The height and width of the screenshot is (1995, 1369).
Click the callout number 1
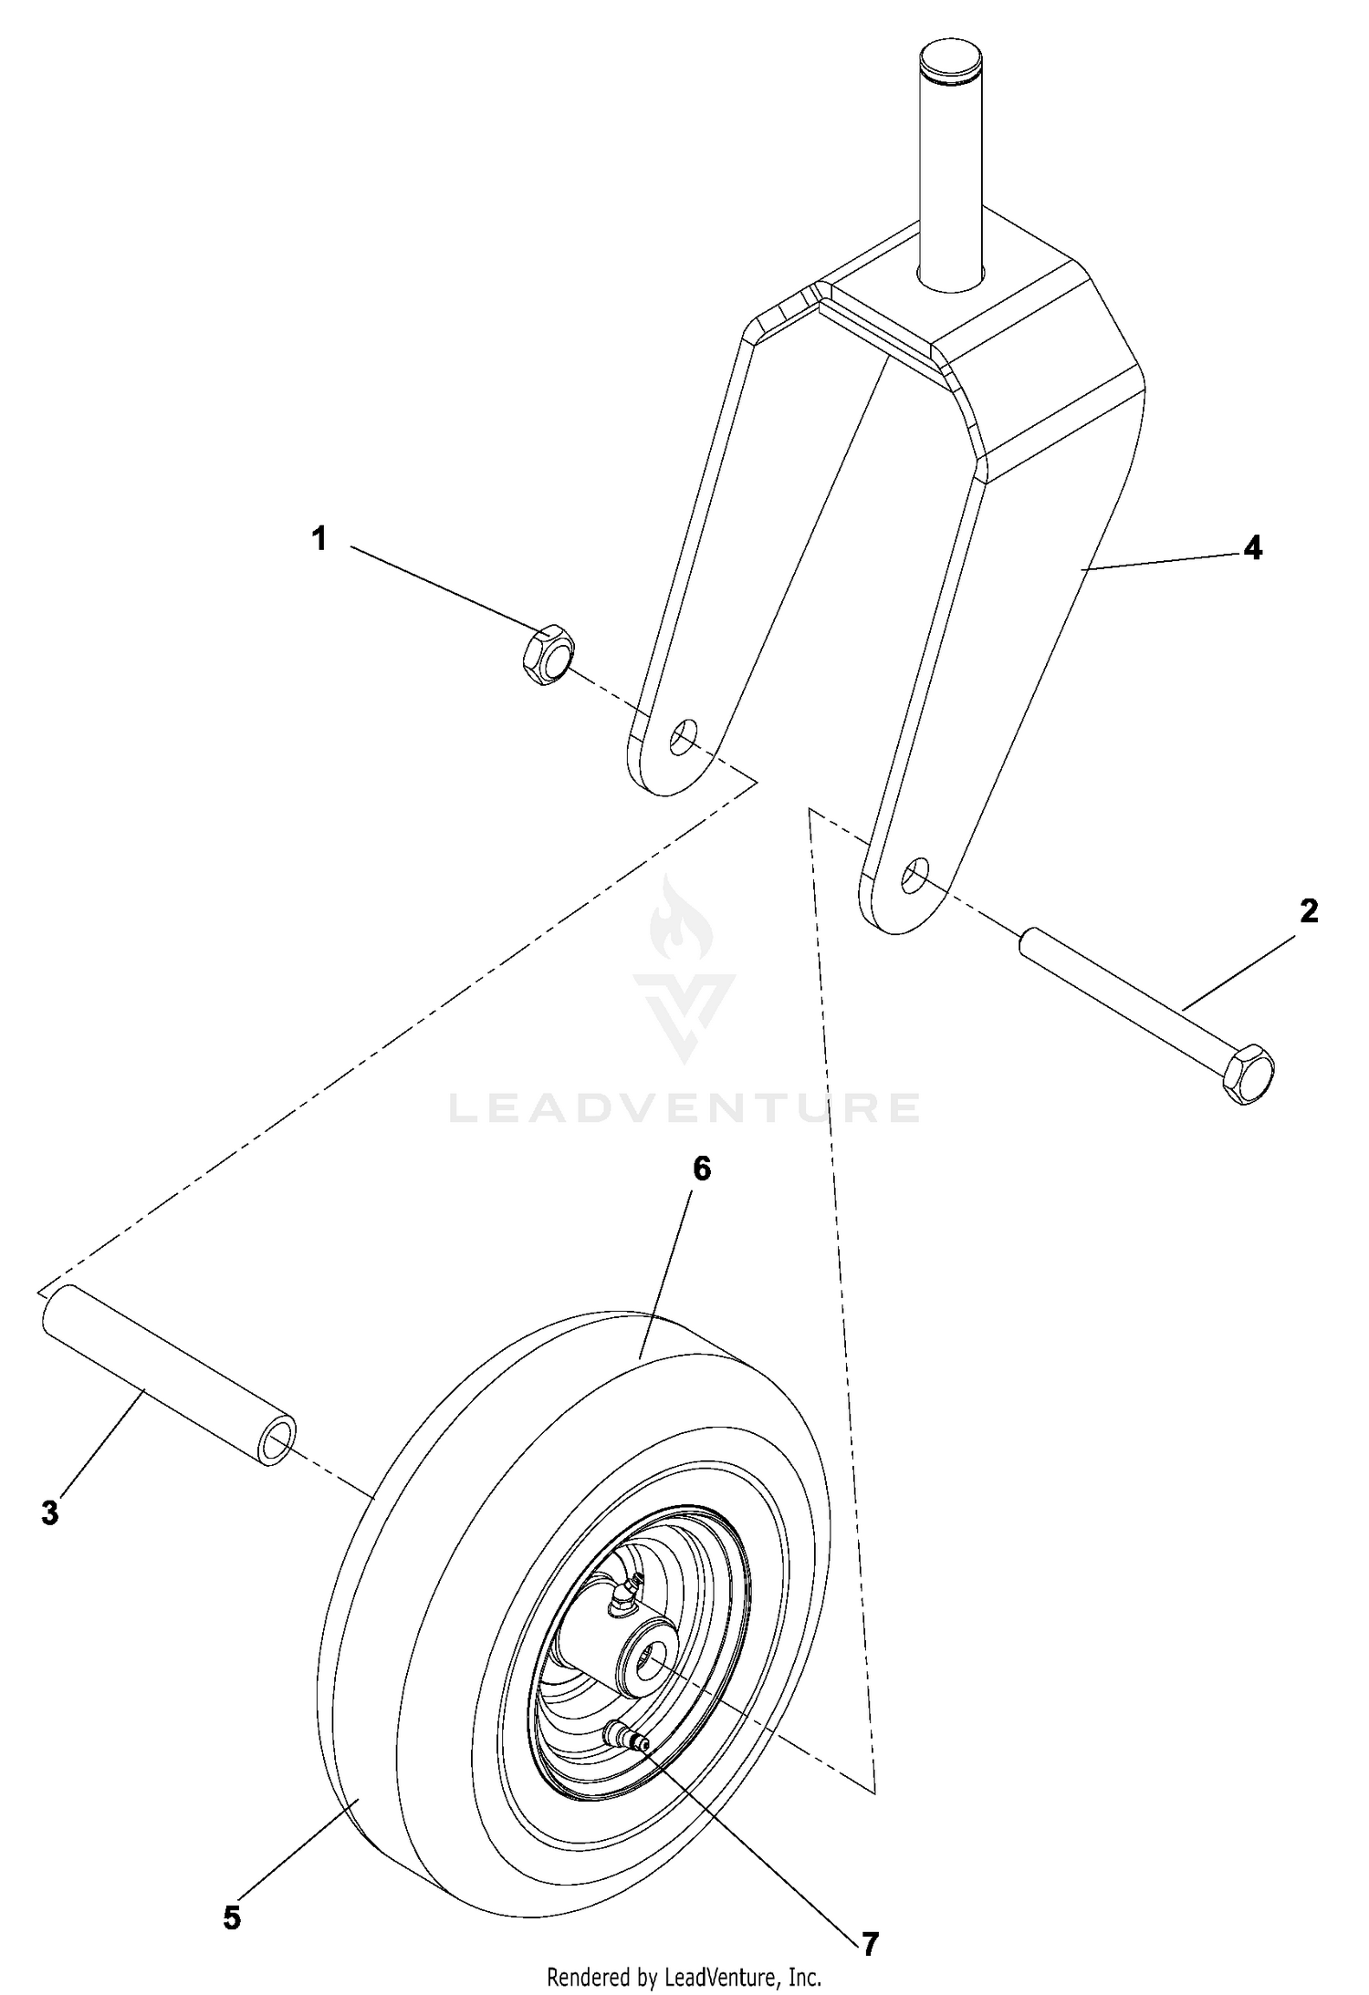[x=319, y=539]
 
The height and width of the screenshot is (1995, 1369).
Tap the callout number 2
[x=1309, y=910]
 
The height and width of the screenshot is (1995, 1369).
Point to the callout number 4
[x=1253, y=547]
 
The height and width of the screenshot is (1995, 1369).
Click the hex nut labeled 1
[x=549, y=655]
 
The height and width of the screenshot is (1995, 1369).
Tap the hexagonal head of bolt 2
[x=1249, y=1075]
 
